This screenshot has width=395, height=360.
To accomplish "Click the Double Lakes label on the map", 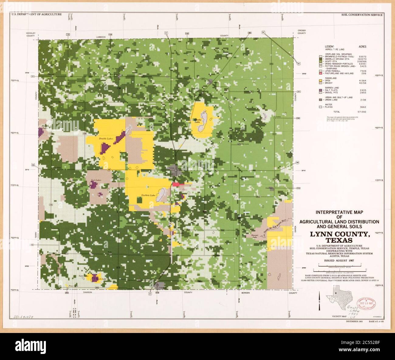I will pos(106,138).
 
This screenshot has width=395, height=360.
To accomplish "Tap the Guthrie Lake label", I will pos(148,195).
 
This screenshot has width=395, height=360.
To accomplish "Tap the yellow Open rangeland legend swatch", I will pos(320,80).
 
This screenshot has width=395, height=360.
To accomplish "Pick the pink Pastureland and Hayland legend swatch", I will pos(320,73).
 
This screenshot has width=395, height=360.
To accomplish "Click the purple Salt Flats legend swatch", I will pos(320,90).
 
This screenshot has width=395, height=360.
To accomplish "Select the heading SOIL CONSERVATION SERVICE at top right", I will pos(362,15).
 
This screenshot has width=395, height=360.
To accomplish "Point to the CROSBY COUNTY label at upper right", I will pos(301,32).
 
